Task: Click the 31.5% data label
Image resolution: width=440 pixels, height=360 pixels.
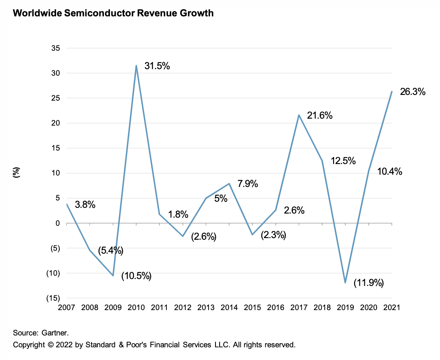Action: click(x=157, y=66)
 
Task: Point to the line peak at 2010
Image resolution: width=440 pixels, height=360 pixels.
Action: click(x=136, y=65)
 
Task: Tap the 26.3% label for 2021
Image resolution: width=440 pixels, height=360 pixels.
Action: click(x=413, y=92)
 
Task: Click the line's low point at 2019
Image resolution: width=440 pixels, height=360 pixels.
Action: click(x=345, y=283)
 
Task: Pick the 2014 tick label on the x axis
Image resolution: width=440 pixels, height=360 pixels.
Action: click(x=229, y=308)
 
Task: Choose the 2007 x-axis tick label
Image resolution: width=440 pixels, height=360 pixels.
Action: click(x=66, y=308)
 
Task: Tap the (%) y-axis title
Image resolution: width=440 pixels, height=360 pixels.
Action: click(x=17, y=173)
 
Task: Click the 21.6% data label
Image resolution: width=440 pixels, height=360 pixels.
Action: click(x=320, y=116)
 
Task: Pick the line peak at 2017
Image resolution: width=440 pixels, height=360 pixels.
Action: click(x=299, y=115)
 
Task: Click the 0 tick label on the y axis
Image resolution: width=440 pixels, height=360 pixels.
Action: click(x=58, y=223)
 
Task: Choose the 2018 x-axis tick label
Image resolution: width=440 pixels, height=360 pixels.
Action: click(x=322, y=308)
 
